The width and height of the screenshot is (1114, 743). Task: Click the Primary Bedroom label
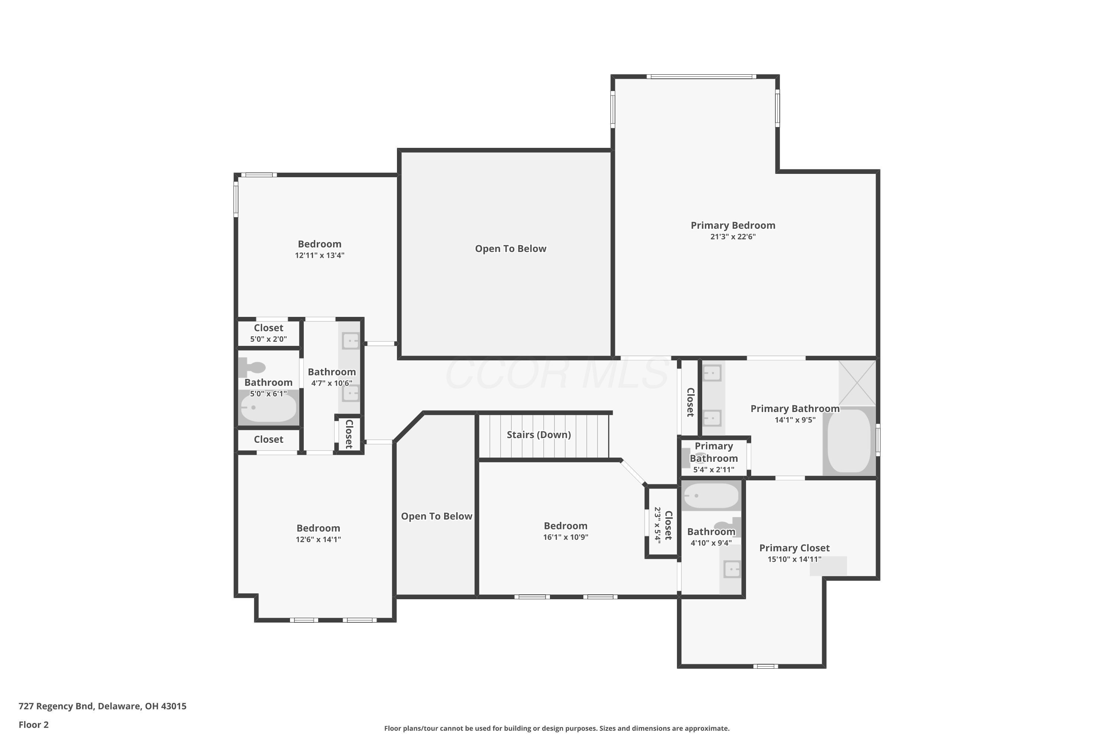click(x=733, y=226)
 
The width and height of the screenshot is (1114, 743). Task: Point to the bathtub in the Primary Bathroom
click(x=849, y=441)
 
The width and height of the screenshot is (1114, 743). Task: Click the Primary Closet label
click(x=794, y=548)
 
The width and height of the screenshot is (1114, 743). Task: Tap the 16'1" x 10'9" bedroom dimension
click(x=566, y=537)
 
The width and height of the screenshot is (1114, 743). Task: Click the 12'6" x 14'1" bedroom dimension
click(x=318, y=539)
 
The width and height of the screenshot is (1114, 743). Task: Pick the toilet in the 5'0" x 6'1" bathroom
click(x=252, y=367)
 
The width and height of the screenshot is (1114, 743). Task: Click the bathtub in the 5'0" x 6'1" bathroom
click(x=268, y=408)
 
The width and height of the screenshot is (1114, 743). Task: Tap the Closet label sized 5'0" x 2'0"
click(x=268, y=328)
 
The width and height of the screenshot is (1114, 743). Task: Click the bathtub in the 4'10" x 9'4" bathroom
click(x=710, y=496)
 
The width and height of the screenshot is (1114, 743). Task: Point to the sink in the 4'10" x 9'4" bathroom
click(x=732, y=569)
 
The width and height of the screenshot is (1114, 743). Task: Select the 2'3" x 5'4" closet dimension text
click(x=657, y=526)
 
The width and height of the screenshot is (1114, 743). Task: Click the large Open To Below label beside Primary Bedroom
click(x=511, y=249)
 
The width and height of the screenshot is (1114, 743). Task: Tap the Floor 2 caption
click(x=34, y=724)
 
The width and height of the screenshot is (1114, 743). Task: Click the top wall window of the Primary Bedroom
click(x=701, y=76)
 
